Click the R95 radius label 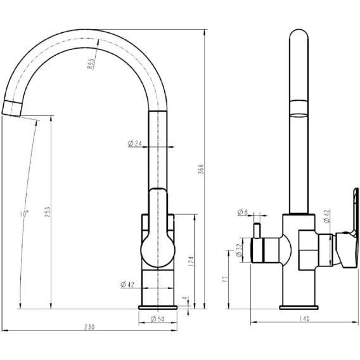click(91, 63)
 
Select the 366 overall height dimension click(201, 169)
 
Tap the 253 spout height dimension click(47, 212)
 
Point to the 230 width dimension click(89, 326)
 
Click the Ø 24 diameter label click(135, 143)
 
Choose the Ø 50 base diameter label click(157, 319)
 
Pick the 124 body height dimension click(191, 261)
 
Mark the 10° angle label click(25, 214)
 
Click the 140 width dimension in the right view click(304, 319)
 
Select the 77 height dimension click(226, 279)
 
